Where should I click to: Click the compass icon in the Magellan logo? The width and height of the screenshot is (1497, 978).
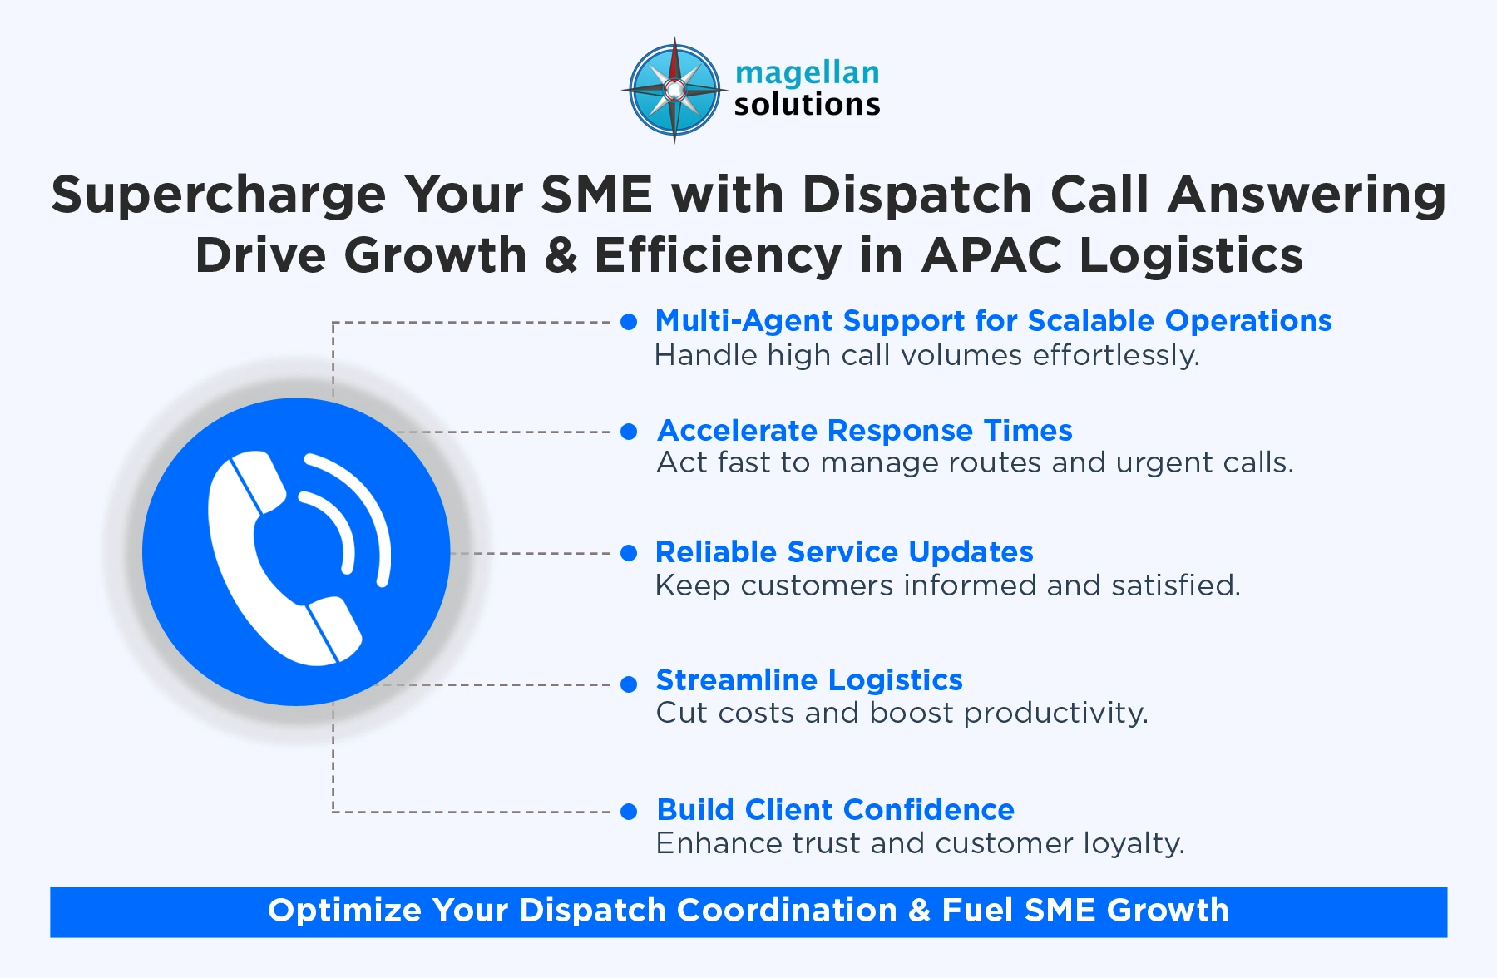[674, 90]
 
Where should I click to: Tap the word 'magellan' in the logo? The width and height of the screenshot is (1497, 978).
[807, 73]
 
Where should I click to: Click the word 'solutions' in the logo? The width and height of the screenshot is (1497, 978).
[807, 105]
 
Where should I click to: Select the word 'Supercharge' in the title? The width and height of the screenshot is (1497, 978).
[219, 196]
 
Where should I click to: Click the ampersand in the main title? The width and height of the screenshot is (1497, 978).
[561, 255]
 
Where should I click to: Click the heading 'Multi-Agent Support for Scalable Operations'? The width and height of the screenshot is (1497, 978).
[993, 321]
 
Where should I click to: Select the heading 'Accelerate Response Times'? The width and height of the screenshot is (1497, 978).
[864, 431]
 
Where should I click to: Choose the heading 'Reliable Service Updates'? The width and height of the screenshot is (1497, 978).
[844, 552]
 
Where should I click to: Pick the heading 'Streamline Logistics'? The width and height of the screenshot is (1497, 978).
[809, 680]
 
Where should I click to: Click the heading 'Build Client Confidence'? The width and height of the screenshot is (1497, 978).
[835, 810]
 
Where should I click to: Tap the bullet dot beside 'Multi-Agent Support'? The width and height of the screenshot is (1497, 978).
[629, 322]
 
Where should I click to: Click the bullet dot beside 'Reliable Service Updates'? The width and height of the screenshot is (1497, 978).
[629, 553]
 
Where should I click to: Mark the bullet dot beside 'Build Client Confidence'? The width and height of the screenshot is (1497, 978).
[629, 812]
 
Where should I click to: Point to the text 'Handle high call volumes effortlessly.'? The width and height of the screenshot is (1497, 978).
[926, 356]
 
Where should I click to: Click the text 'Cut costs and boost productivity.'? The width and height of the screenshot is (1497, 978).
[902, 714]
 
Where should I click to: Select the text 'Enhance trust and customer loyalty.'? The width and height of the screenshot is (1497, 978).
[920, 844]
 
